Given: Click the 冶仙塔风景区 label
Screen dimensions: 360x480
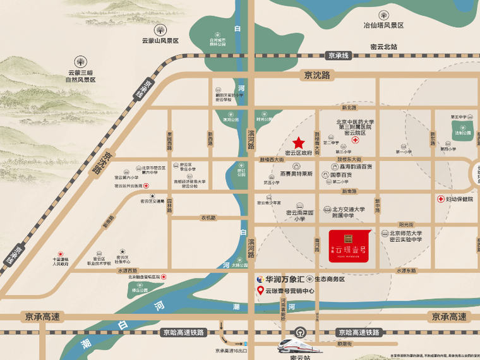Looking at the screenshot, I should click(383, 25).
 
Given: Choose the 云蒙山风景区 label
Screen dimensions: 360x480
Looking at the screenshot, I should click(160, 40).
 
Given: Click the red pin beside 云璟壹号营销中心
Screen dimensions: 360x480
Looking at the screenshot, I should click(260, 291).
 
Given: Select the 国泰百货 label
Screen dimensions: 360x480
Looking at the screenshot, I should click(343, 174).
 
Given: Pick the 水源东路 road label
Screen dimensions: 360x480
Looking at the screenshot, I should click(406, 270).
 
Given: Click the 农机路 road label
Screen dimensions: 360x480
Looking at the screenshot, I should click(208, 218).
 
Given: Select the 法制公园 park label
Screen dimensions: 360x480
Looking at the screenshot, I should click(464, 133).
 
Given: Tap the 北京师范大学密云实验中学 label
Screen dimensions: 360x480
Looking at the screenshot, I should click(405, 236).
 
